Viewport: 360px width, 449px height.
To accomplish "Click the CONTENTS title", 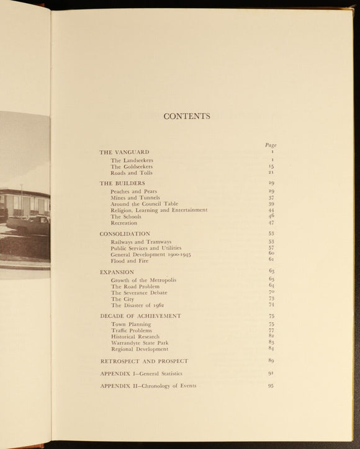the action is [x=186, y=116].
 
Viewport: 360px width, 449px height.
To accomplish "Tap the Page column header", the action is [x=270, y=145].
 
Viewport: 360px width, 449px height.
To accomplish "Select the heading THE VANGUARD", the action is [x=124, y=152].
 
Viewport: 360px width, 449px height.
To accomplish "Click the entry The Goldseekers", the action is [x=132, y=167].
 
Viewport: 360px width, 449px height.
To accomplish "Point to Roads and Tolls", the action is [x=131, y=173].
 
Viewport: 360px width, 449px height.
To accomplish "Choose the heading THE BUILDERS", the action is [x=122, y=184].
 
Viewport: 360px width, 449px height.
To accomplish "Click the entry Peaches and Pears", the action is [x=133, y=192].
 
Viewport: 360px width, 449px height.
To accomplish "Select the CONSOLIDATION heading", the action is [x=125, y=234].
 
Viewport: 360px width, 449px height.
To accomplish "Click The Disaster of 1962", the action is [x=138, y=305].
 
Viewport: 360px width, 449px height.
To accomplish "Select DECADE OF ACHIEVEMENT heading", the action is [x=140, y=316].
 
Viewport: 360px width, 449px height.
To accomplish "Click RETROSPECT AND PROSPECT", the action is [x=144, y=361].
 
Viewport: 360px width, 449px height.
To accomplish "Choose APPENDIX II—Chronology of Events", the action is [x=148, y=386].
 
